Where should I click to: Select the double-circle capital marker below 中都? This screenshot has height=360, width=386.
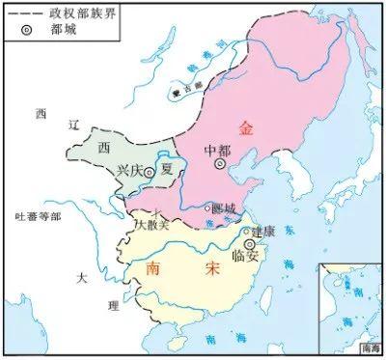click(x=221, y=165)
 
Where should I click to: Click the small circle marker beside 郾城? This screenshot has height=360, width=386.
click(x=207, y=208)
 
